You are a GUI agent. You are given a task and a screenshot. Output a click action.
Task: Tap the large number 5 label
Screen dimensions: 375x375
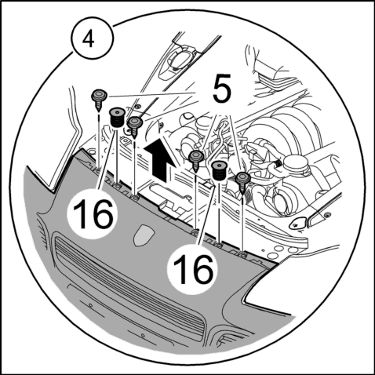(222, 88)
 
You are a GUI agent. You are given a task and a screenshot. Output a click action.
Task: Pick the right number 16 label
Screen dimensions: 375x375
(193, 269)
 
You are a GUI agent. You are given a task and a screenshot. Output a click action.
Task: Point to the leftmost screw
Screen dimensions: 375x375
(99, 100)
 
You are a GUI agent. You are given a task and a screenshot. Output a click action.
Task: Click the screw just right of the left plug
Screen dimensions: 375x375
(135, 127)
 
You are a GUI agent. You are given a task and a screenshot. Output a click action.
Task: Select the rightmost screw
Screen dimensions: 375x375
(242, 183)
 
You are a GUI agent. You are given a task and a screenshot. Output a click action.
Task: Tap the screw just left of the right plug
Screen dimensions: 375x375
(196, 161)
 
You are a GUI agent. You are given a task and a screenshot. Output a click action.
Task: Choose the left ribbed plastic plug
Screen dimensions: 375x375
(116, 118)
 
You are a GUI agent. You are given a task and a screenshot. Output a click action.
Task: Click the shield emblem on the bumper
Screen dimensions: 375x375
(144, 235)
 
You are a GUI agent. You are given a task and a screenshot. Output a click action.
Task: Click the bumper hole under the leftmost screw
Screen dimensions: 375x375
(97, 171)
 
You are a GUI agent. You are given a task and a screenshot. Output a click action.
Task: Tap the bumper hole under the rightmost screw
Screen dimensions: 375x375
(242, 254)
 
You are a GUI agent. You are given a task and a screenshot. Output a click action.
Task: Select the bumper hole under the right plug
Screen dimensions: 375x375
(219, 245)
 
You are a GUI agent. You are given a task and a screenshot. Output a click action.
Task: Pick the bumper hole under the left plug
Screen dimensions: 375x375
(118, 186)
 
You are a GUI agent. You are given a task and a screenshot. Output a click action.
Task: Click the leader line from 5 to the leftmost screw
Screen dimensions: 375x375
(151, 94)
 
